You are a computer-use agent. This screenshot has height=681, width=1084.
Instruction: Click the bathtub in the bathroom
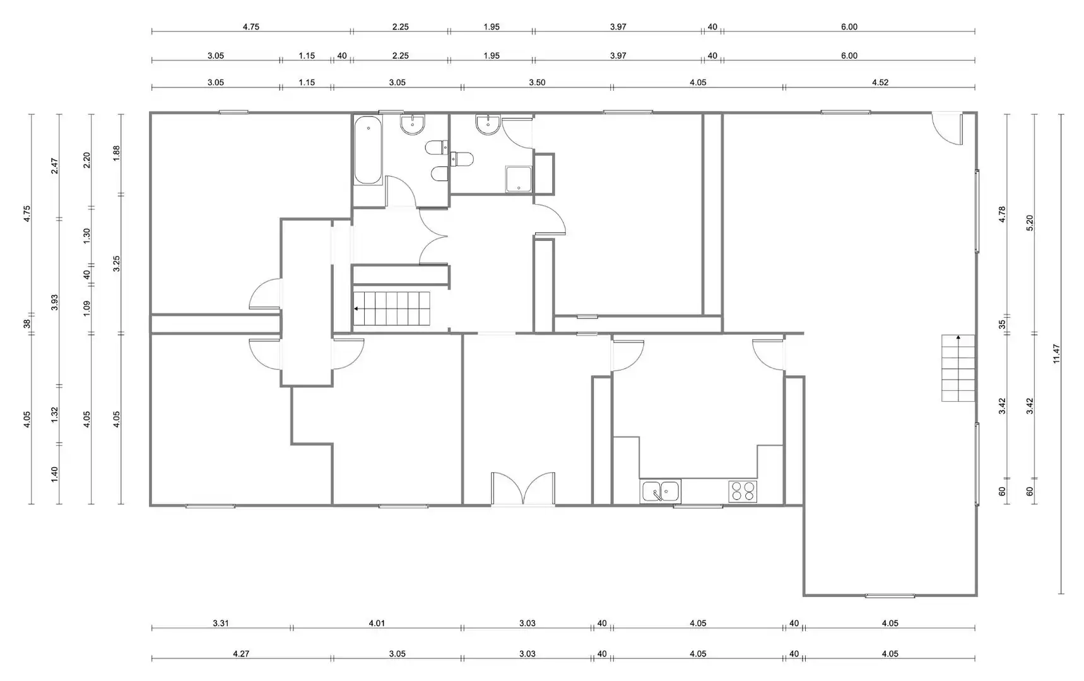368,149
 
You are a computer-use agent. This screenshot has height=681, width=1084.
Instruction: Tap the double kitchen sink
661,491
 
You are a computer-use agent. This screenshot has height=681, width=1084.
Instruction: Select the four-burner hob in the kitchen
743,491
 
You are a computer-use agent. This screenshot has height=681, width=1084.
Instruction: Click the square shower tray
519,179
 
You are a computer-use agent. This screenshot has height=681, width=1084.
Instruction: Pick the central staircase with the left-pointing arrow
391,308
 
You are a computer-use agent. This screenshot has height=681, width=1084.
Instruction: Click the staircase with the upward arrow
958,368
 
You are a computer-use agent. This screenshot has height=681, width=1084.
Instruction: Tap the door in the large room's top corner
948,129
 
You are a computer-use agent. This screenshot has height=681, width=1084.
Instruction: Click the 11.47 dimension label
1056,354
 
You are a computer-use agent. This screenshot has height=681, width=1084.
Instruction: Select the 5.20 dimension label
1030,223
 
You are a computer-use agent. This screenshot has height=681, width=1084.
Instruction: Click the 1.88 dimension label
116,153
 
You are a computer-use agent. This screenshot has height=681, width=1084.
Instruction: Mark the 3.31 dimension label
221,623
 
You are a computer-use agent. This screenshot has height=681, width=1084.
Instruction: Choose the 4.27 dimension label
241,654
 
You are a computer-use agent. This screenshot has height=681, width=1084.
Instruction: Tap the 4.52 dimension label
880,83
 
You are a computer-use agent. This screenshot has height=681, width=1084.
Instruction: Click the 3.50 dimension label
537,83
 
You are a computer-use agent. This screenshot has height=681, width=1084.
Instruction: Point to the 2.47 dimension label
55,166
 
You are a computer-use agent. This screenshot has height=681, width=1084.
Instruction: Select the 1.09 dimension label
87,308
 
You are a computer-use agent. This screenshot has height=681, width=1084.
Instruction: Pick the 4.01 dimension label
377,623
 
